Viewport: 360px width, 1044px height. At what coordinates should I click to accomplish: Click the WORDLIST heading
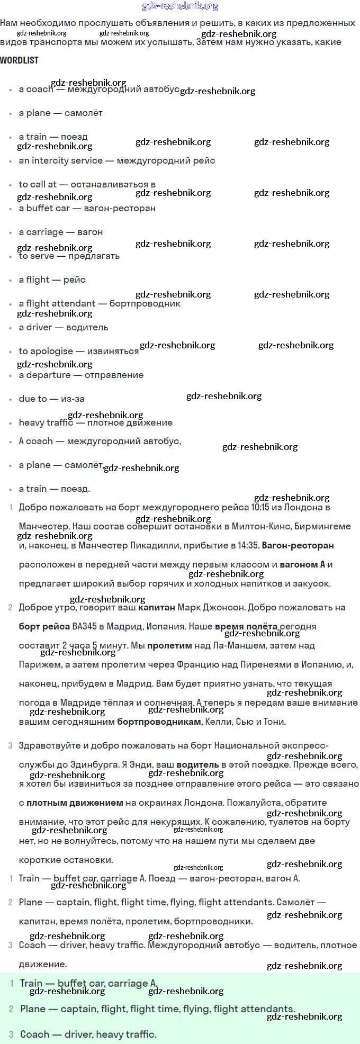click(19, 60)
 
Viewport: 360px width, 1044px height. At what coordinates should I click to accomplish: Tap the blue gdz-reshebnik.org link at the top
click(180, 6)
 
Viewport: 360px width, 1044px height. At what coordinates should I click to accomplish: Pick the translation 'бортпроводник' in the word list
click(145, 303)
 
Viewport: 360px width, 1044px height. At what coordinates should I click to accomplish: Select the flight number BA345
click(85, 626)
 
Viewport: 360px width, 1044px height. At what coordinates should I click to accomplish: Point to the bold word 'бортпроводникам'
click(159, 722)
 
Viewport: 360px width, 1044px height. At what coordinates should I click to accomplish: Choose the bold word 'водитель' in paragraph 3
click(197, 764)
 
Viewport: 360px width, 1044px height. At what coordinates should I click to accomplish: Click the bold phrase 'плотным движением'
click(75, 803)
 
